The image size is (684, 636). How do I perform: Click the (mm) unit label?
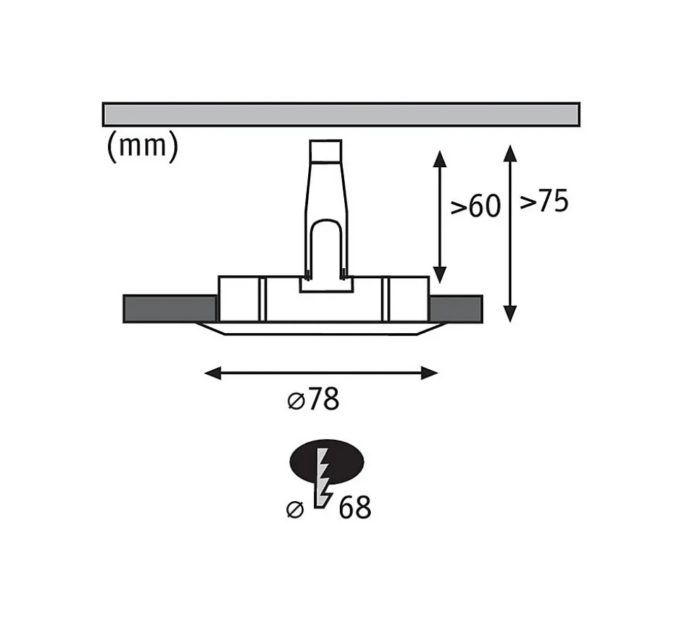pyautogui.click(x=142, y=146)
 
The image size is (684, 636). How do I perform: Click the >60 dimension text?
pyautogui.click(x=475, y=205)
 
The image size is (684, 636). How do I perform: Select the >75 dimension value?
pyautogui.click(x=544, y=201)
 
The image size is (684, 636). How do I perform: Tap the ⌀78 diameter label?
pyautogui.click(x=314, y=400)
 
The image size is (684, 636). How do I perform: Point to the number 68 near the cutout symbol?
pyautogui.click(x=355, y=508)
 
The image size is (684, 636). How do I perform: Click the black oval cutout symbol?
pyautogui.click(x=326, y=462)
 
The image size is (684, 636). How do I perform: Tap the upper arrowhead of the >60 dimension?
pyautogui.click(x=440, y=159)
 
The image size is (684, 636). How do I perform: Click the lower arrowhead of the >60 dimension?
pyautogui.click(x=440, y=275)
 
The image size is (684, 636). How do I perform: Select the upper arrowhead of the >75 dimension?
pyautogui.click(x=510, y=153)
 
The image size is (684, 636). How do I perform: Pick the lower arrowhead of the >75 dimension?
pyautogui.click(x=510, y=313)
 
